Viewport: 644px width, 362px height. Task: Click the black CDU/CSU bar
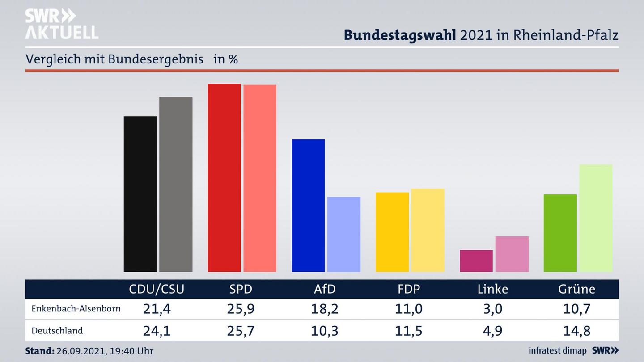pyautogui.click(x=140, y=194)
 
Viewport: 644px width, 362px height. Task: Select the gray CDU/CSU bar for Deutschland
pyautogui.click(x=176, y=184)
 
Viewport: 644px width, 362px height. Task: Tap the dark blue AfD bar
pyautogui.click(x=308, y=206)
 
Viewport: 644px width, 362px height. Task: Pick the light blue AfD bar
pyautogui.click(x=344, y=234)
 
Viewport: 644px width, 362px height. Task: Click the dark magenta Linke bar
pyautogui.click(x=476, y=261)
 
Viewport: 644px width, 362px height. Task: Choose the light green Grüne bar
pyautogui.click(x=596, y=218)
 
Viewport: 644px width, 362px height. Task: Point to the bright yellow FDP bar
pyautogui.click(x=392, y=232)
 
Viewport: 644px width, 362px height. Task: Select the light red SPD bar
pyautogui.click(x=260, y=178)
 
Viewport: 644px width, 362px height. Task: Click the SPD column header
pyautogui.click(x=241, y=289)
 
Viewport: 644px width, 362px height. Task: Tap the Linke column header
pyautogui.click(x=493, y=289)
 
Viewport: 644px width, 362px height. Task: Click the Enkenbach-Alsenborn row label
pyautogui.click(x=76, y=309)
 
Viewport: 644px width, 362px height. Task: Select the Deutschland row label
pyautogui.click(x=57, y=331)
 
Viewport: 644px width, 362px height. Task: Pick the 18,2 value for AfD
pyautogui.click(x=325, y=309)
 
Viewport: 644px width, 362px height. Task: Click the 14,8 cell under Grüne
pyautogui.click(x=577, y=331)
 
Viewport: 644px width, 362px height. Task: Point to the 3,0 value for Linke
pyautogui.click(x=493, y=309)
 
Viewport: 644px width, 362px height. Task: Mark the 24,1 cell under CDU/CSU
pyautogui.click(x=157, y=331)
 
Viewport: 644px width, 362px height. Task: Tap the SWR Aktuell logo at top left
pyautogui.click(x=61, y=24)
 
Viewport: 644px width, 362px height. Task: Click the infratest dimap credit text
pyautogui.click(x=558, y=350)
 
